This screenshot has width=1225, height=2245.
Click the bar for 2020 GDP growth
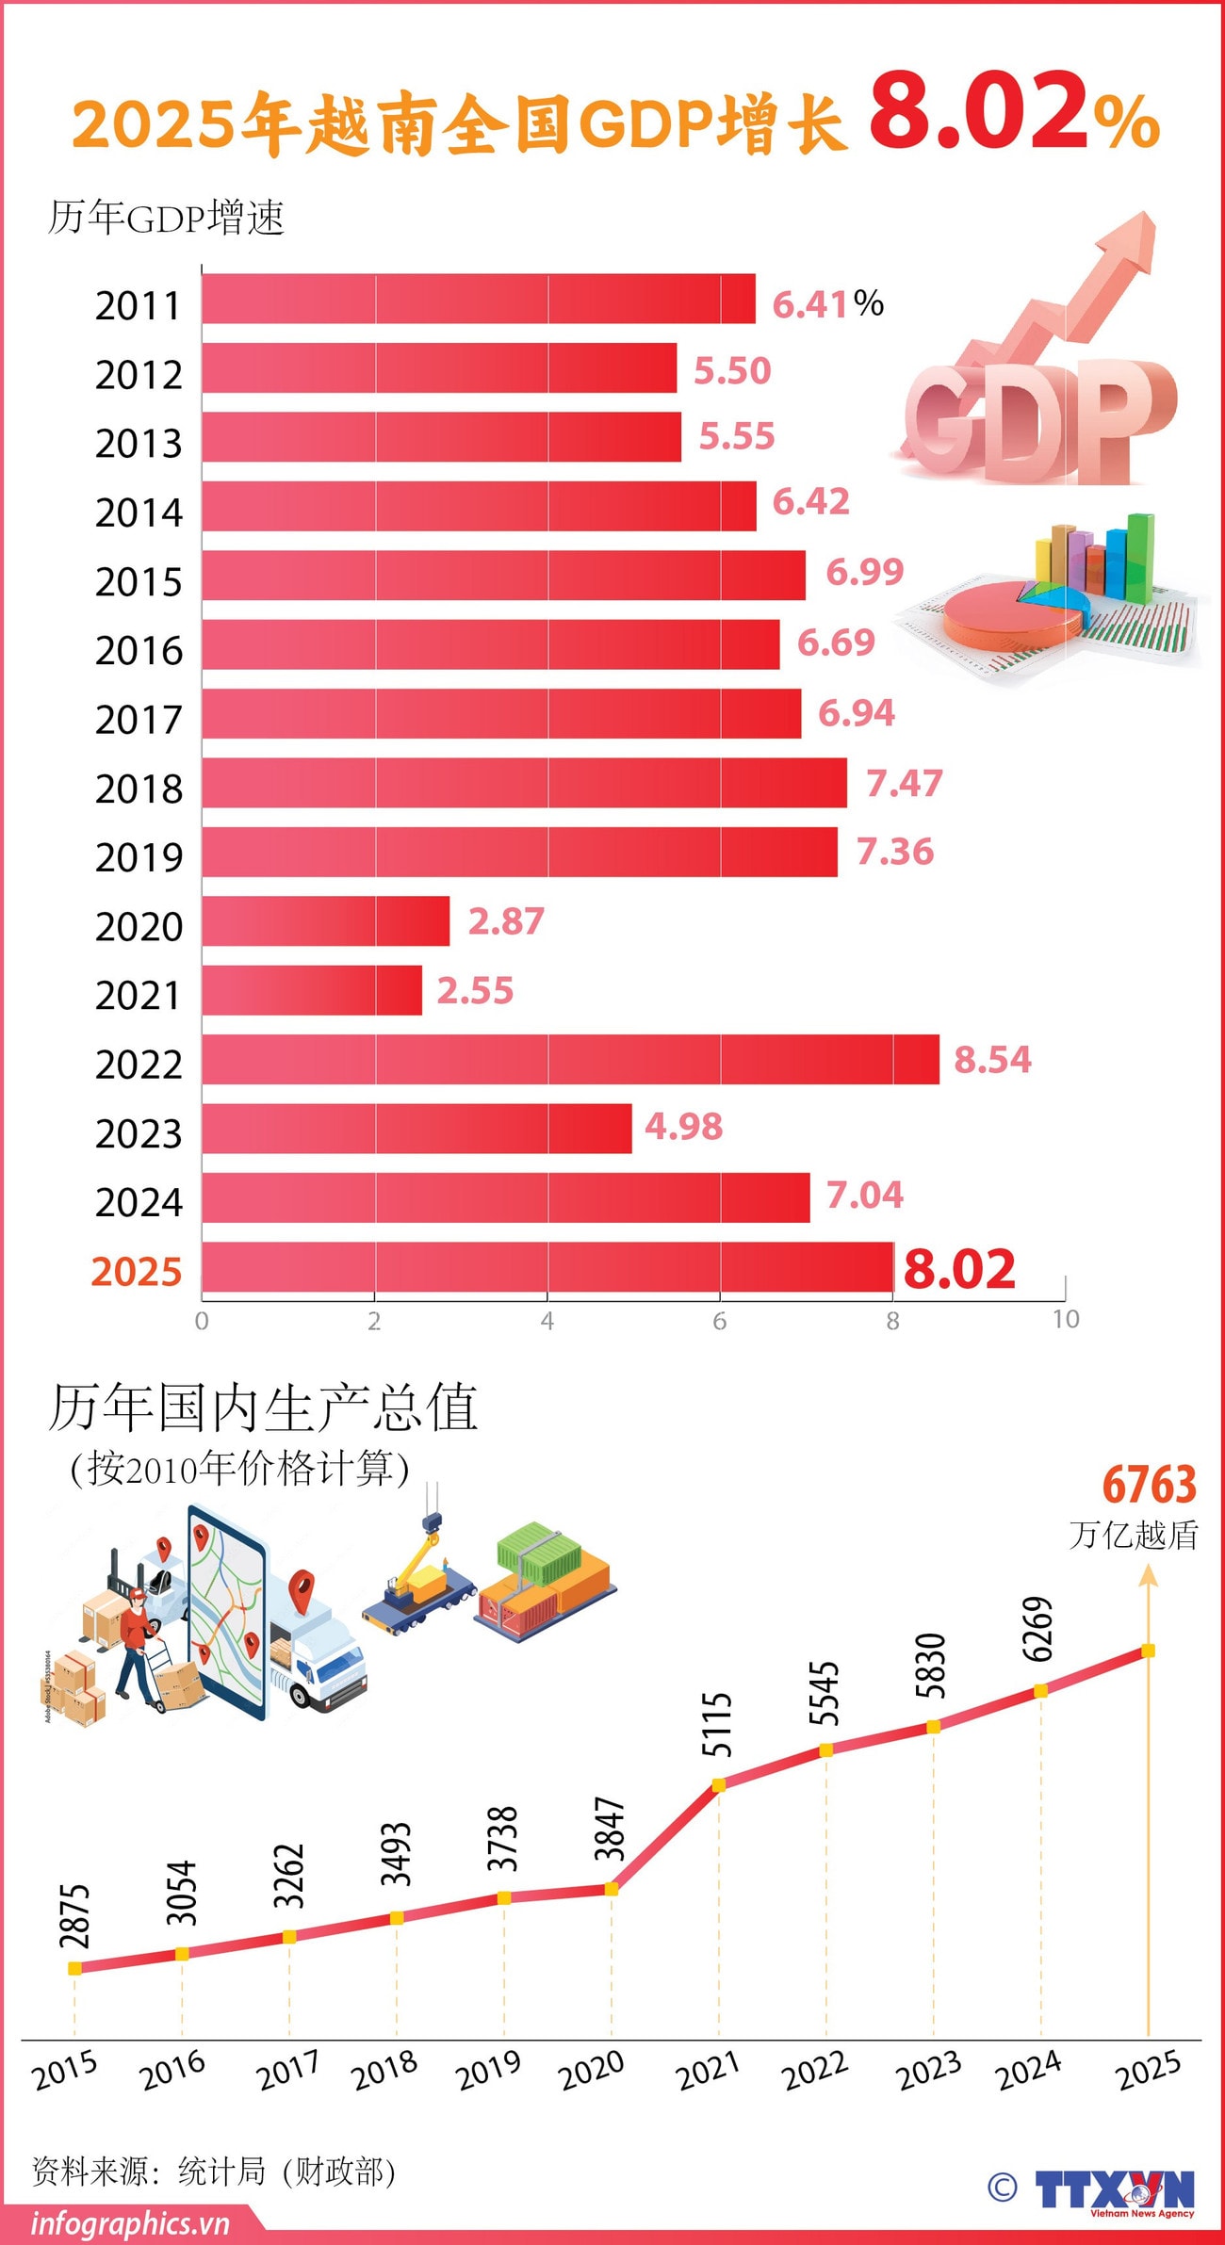tap(325, 920)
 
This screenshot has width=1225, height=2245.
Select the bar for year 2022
tap(570, 1059)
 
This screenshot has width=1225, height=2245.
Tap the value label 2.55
tap(475, 990)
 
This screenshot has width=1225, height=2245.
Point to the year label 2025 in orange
tap(137, 1272)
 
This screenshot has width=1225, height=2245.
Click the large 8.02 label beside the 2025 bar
tap(959, 1268)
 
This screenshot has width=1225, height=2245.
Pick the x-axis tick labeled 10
tap(1065, 1319)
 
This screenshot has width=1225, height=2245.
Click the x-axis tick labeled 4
tap(547, 1321)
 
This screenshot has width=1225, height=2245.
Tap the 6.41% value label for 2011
tap(827, 303)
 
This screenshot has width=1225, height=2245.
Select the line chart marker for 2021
tap(718, 1784)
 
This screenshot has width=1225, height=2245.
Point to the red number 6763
tap(1149, 1485)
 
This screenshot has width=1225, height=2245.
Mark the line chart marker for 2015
tap(74, 1968)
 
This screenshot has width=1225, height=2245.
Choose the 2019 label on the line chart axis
tap(488, 2071)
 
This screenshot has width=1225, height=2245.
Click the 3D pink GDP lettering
tap(1037, 419)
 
